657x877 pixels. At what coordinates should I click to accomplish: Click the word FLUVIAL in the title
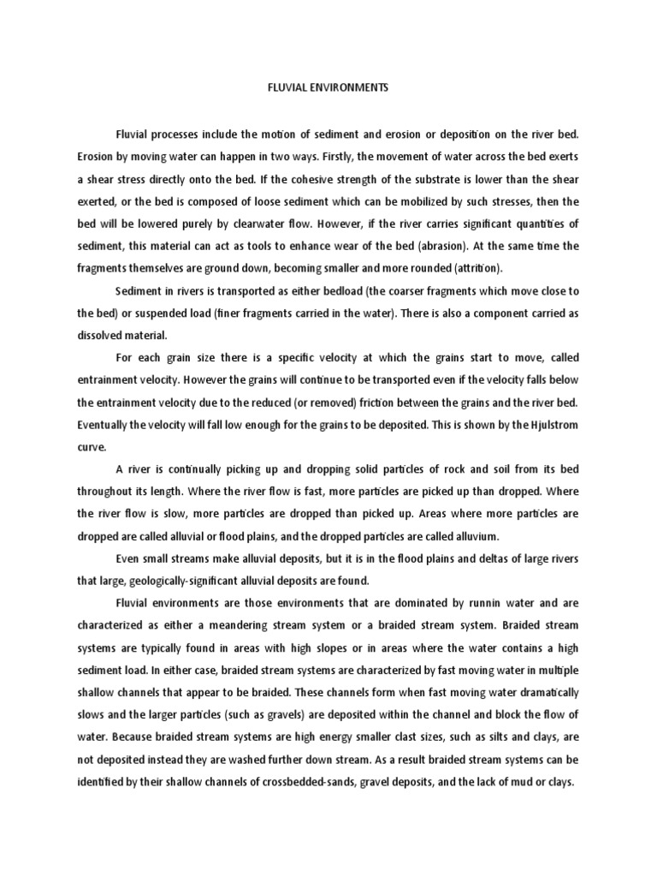pyautogui.click(x=273, y=88)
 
